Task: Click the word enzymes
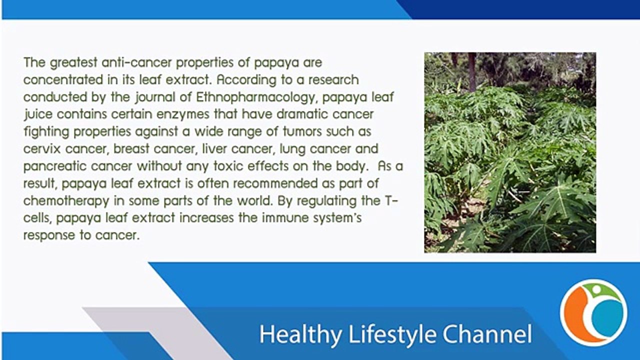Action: pos(178,114)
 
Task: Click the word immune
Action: pos(274,218)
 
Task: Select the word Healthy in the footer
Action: pos(301,334)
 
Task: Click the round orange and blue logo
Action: pos(593,313)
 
